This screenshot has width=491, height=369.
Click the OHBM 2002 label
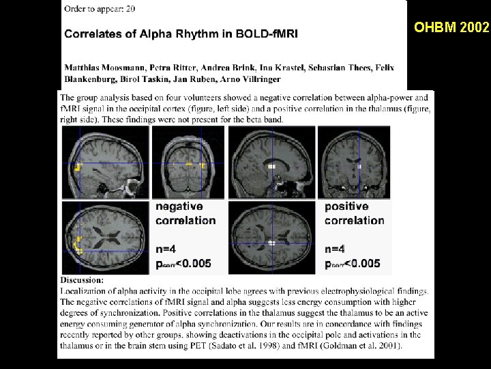pyautogui.click(x=452, y=27)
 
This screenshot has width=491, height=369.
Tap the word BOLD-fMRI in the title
pyautogui.click(x=265, y=32)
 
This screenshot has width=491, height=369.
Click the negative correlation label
pyautogui.click(x=185, y=213)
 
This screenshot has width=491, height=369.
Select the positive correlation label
pyautogui.click(x=354, y=213)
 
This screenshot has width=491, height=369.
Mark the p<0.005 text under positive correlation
pyautogui.click(x=353, y=264)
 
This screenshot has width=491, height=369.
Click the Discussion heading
pyautogui.click(x=83, y=280)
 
